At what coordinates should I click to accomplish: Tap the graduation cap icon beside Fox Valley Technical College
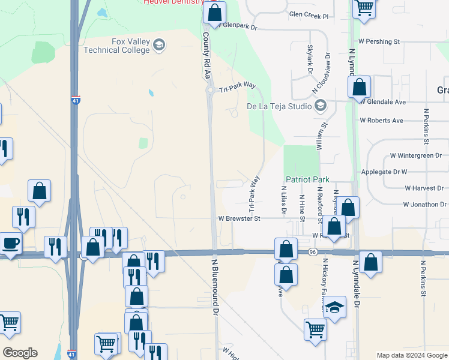pyautogui.click(x=159, y=45)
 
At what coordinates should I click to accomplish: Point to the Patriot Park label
pyautogui.click(x=307, y=179)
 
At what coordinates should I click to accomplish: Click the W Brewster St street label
pyautogui.click(x=239, y=219)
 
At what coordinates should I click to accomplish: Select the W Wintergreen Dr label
pyautogui.click(x=416, y=155)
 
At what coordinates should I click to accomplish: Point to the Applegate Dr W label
pyautogui.click(x=385, y=172)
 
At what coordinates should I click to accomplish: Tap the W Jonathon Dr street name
pyautogui.click(x=426, y=205)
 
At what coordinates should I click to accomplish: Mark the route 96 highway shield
pyautogui.click(x=312, y=252)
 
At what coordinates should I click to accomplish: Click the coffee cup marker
pyautogui.click(x=10, y=244)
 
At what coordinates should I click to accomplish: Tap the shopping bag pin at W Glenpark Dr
pyautogui.click(x=214, y=12)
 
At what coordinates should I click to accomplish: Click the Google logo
pyautogui.click(x=20, y=353)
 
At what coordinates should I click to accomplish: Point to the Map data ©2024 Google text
pyautogui.click(x=412, y=355)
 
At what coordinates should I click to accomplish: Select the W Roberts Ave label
pyautogui.click(x=381, y=121)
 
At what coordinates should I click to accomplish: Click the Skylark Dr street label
pyautogui.click(x=310, y=59)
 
